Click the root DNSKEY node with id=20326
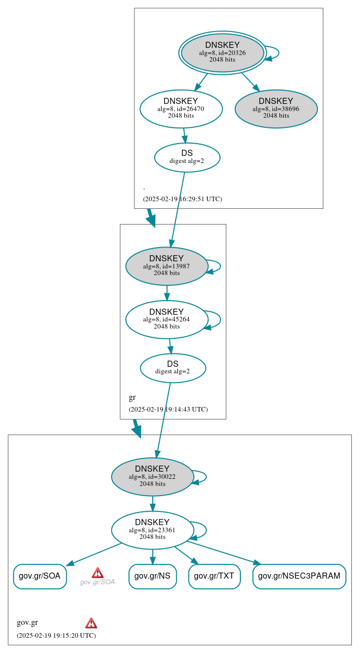(x=223, y=52)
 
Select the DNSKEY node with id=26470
(x=181, y=108)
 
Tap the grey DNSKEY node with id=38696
(x=276, y=108)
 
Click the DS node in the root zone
(x=187, y=157)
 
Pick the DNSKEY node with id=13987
(x=167, y=266)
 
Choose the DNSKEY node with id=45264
(x=167, y=319)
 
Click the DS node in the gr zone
(x=173, y=368)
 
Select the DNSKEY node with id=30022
(x=152, y=477)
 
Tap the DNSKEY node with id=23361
(x=152, y=530)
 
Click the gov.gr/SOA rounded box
(x=40, y=576)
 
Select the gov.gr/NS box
(x=152, y=576)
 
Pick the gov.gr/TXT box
(x=214, y=576)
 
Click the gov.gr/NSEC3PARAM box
(x=299, y=576)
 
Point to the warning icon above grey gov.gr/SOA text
(x=97, y=573)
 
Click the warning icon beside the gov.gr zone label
(x=91, y=623)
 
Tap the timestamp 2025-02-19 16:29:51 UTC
(x=182, y=199)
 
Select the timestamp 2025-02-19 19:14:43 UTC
(x=168, y=410)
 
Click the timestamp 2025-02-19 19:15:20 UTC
(x=56, y=636)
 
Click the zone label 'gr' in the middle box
(x=132, y=398)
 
